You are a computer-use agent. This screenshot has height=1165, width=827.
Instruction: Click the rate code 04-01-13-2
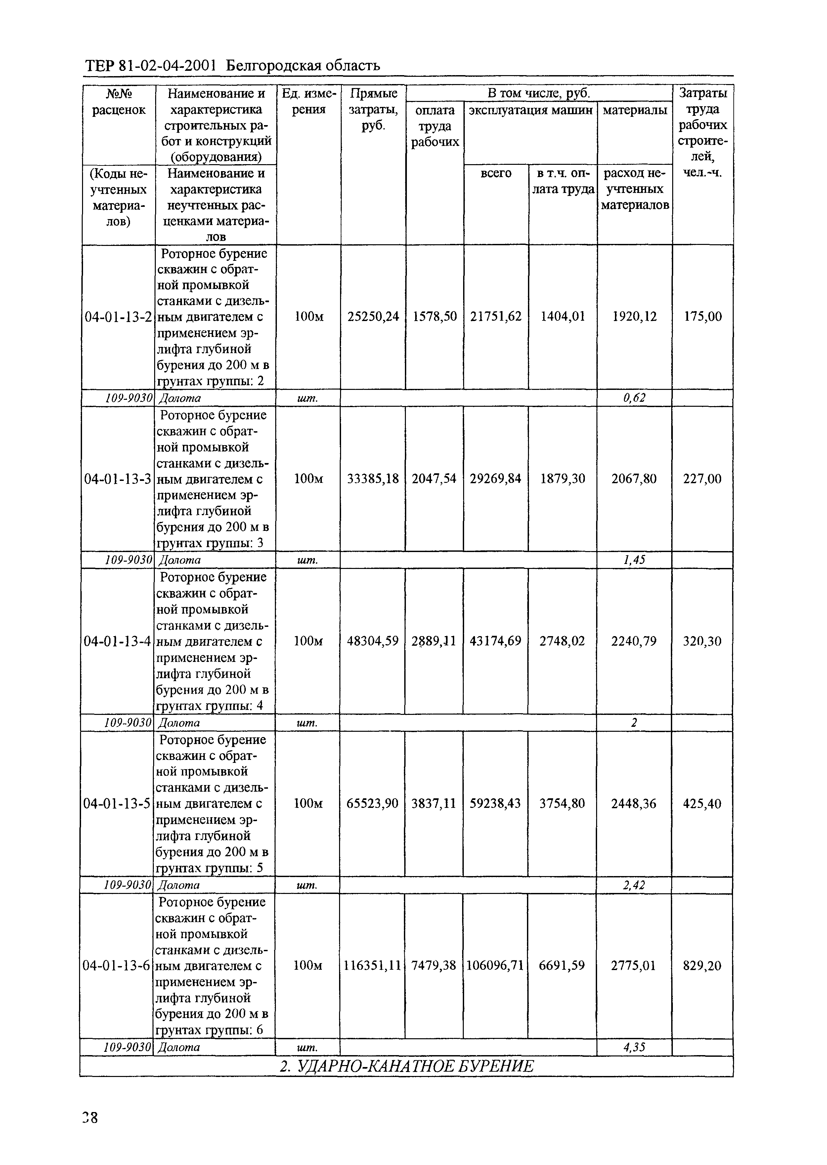[118, 317]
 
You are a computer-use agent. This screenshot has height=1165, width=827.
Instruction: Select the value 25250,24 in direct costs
[373, 317]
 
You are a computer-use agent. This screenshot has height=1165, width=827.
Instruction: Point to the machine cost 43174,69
[496, 641]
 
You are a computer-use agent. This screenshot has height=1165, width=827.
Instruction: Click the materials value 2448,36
[634, 803]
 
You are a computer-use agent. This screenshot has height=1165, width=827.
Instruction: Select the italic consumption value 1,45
[634, 560]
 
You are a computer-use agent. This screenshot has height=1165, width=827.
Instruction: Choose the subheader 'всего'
[496, 173]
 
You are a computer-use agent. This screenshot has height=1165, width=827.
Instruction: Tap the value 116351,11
[372, 965]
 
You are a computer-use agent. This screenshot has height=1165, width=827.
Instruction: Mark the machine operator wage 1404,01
[563, 317]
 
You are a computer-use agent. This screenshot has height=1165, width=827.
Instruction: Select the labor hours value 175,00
[702, 317]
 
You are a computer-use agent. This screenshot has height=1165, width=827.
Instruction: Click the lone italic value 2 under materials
[634, 722]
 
